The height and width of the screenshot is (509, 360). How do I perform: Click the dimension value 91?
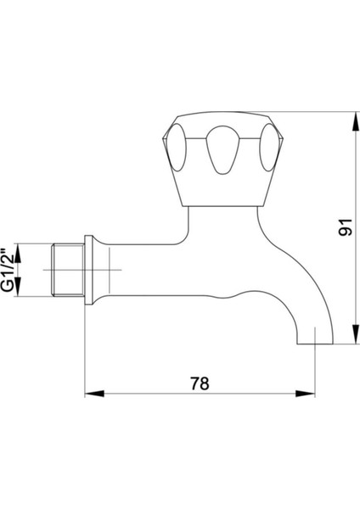pyautogui.click(x=345, y=227)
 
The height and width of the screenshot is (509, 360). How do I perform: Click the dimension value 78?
pyautogui.click(x=200, y=383)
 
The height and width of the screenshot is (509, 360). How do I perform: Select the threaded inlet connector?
pyautogui.click(x=68, y=270)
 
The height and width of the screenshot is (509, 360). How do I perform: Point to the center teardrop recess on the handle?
pyautogui.click(x=222, y=149)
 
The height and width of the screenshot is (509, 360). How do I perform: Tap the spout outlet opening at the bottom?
pyautogui.click(x=315, y=344)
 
